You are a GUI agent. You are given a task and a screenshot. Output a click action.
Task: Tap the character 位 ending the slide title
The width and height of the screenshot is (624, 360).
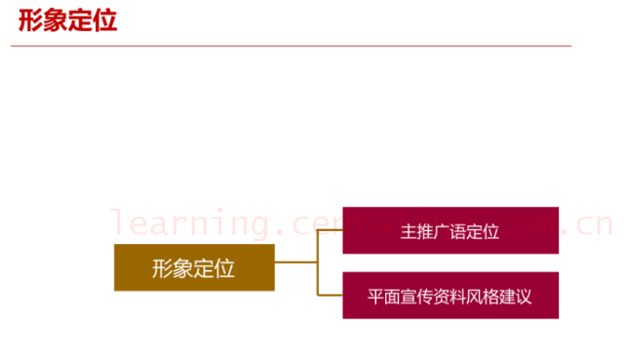coord(105,20)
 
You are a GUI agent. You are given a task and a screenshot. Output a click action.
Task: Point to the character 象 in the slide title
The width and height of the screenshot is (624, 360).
coord(56,20)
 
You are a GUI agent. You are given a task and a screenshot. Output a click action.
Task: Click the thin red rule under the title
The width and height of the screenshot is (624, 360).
coord(292,45)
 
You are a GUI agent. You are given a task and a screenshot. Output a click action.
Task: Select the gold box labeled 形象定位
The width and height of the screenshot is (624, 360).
coord(194,267)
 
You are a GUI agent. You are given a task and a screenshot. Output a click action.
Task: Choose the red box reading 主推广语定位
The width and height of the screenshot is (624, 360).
coord(449,230)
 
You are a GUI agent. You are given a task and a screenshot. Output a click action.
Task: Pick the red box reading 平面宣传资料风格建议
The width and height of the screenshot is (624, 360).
coord(449,295)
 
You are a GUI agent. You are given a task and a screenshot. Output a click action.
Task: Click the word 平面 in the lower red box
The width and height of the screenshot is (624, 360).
coord(384,295)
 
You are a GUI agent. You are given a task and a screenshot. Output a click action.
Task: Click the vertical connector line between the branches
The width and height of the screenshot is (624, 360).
coord(319,262)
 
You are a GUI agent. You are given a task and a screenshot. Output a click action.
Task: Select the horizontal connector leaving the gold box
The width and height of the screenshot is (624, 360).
coord(296,262)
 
